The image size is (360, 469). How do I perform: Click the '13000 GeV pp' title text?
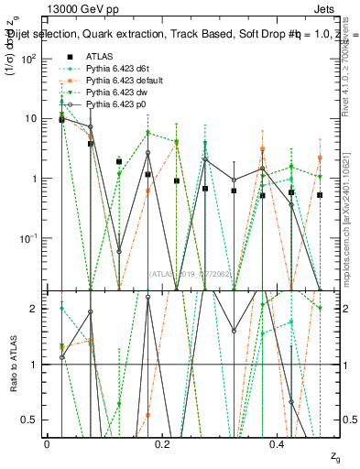pos(77,7)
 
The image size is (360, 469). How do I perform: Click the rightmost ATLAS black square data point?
pos(320,195)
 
